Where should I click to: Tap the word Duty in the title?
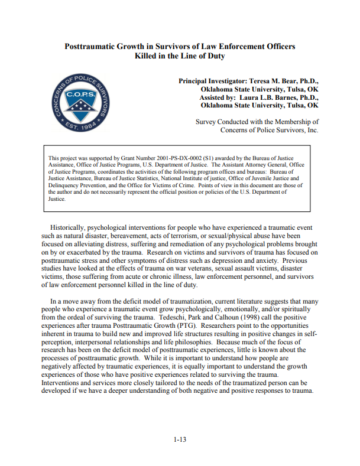tap(213, 56)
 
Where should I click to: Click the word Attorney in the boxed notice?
tap(244, 165)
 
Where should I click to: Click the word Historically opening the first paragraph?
tap(71, 227)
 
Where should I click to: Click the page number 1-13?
tap(180, 439)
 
